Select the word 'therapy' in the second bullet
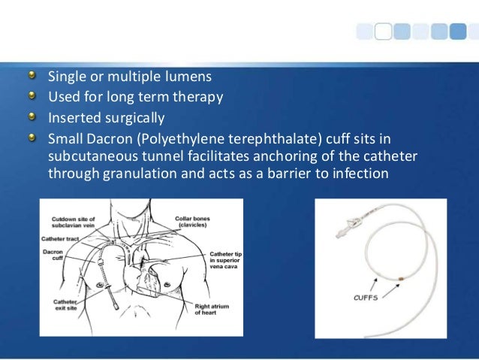(198, 97)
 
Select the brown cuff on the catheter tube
(401, 280)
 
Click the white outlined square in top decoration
(382, 31)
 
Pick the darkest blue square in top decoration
(459, 31)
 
